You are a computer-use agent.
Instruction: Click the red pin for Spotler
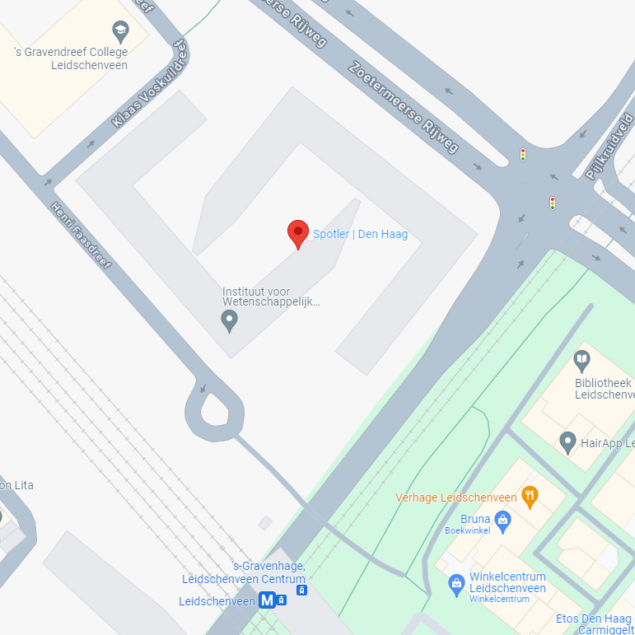click(x=297, y=233)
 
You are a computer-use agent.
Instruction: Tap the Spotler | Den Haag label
click(x=360, y=235)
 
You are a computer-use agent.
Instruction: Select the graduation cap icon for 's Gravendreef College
click(x=121, y=32)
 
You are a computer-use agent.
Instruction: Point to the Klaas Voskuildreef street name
click(x=151, y=86)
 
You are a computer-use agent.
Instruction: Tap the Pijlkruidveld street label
click(x=609, y=147)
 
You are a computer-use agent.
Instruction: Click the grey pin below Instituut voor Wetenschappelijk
click(x=230, y=320)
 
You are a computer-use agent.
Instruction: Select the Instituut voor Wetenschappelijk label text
click(x=270, y=296)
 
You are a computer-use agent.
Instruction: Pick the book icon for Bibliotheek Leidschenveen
click(x=581, y=360)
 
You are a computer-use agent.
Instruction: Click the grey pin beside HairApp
click(x=567, y=442)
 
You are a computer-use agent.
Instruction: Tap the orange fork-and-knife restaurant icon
click(x=530, y=496)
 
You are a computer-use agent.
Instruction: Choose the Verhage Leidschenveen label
click(x=455, y=497)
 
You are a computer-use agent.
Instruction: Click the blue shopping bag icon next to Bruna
click(x=502, y=520)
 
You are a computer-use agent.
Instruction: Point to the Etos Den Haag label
click(x=593, y=619)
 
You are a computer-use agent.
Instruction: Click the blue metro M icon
click(x=267, y=600)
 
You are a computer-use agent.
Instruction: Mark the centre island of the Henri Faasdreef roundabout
click(x=215, y=410)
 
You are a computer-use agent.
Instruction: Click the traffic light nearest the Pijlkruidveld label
click(x=552, y=202)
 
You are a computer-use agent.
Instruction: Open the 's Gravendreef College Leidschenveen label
click(x=72, y=59)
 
